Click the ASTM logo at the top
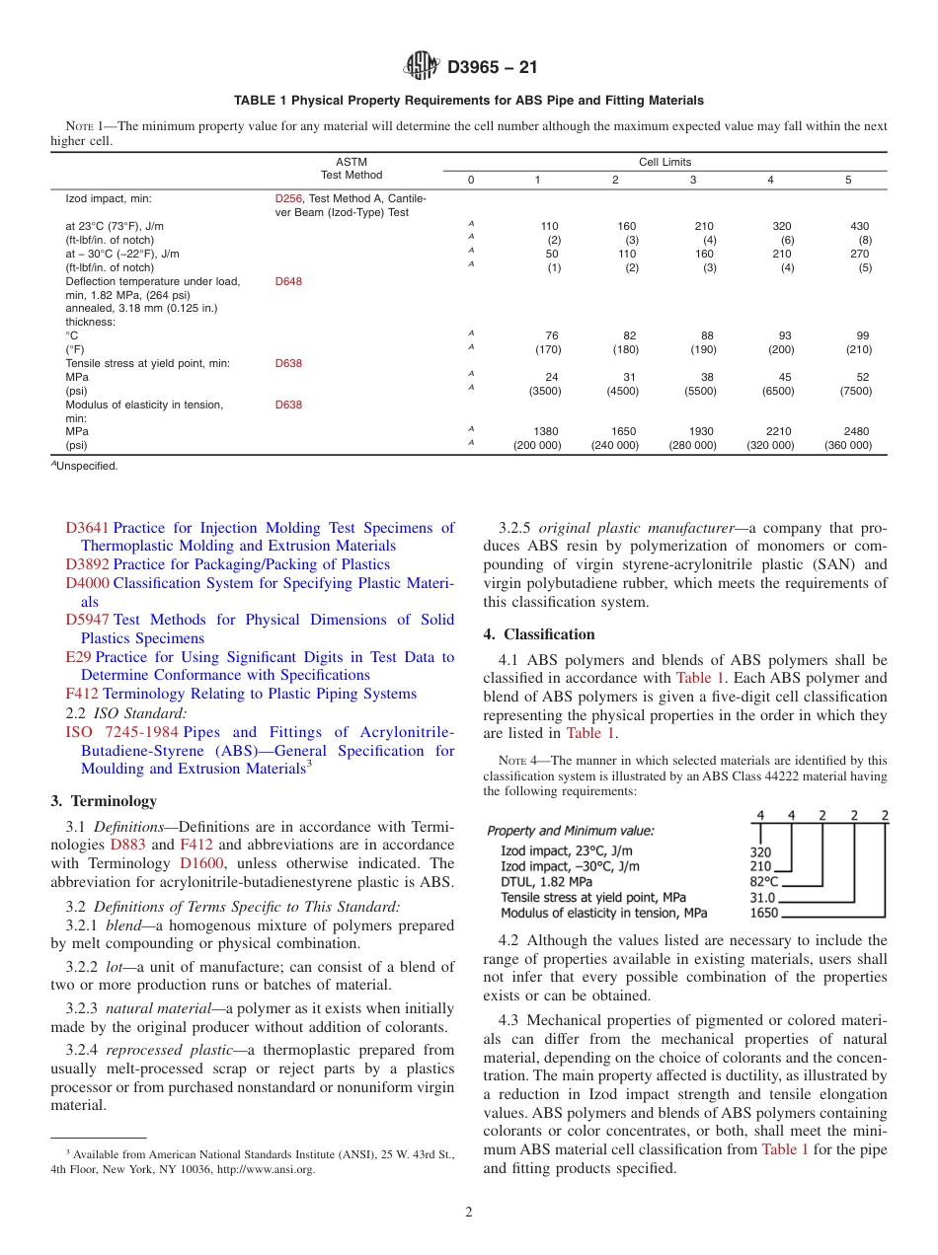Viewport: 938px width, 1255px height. click(x=422, y=67)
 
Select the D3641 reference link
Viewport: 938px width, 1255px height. click(x=87, y=528)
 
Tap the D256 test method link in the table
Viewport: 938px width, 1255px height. click(x=288, y=199)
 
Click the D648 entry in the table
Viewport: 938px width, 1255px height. click(x=288, y=281)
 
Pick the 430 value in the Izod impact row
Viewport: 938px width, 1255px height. click(x=859, y=226)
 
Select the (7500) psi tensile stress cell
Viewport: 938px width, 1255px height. click(x=853, y=391)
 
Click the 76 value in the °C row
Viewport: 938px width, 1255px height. click(x=552, y=335)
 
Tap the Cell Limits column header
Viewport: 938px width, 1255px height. click(x=664, y=162)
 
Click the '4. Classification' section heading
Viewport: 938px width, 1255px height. click(x=539, y=634)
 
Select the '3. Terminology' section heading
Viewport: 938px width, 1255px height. click(x=104, y=801)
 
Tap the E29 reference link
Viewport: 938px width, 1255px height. click(x=78, y=657)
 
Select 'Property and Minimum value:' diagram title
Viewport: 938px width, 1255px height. click(x=570, y=830)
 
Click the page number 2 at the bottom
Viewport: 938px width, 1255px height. click(x=469, y=1213)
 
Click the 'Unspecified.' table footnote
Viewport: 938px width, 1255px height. click(x=86, y=466)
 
